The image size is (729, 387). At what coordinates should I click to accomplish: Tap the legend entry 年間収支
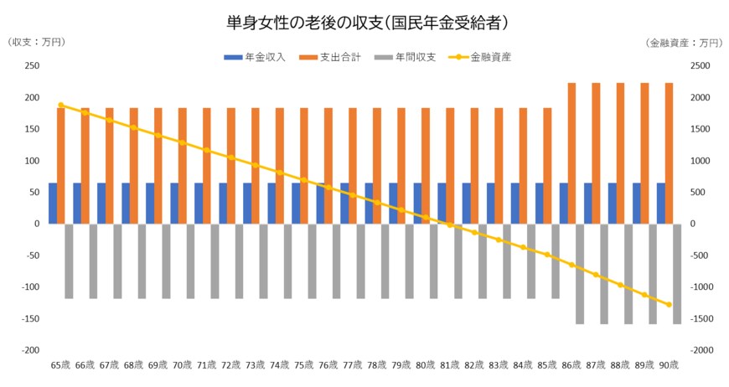416,58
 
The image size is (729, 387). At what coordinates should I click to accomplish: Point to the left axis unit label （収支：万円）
36,42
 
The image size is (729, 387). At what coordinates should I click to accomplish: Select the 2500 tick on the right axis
700,66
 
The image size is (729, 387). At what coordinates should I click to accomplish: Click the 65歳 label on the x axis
60,365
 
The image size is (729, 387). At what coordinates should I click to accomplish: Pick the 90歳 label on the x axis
669,365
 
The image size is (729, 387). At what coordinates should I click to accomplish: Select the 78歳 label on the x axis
377,365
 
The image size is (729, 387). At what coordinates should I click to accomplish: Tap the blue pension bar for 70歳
174,203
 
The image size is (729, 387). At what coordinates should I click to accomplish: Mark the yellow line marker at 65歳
61,105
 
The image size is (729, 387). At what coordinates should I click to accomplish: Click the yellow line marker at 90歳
669,304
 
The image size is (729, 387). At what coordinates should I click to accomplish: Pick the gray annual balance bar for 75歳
312,260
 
